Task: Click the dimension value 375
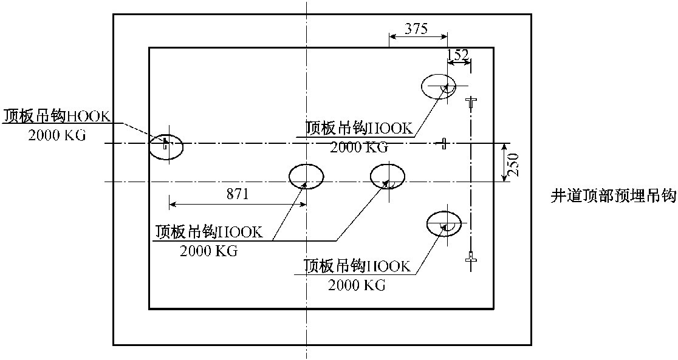[x=417, y=29]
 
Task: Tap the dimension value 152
[x=457, y=55]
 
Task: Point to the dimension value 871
[x=238, y=194]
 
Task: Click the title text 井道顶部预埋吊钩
[x=614, y=196]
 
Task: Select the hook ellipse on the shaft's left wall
[x=166, y=146]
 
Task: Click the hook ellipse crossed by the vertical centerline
[x=306, y=177]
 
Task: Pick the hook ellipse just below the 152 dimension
[x=439, y=86]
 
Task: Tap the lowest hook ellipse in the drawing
[x=444, y=223]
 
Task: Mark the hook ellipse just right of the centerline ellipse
[x=388, y=177]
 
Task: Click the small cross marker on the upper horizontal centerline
[x=445, y=143]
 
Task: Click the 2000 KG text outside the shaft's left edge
[x=57, y=135]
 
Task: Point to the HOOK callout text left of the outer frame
[x=57, y=115]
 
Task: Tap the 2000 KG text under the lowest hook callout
[x=357, y=285]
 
